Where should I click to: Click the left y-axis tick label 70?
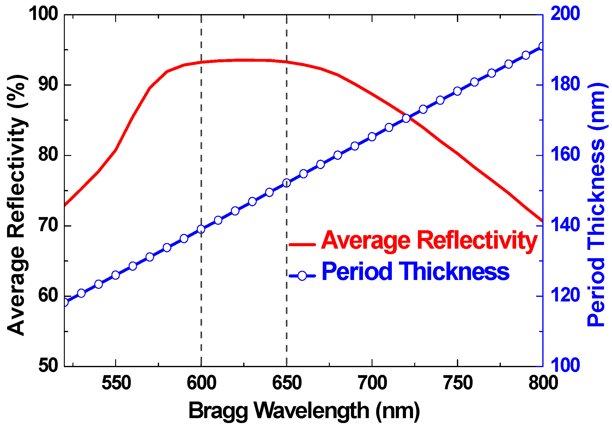48,225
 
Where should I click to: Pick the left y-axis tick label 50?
48,366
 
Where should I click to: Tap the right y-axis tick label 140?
565,225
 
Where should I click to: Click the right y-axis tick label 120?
565,296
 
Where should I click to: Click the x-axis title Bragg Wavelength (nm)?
304,411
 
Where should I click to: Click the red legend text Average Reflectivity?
429,240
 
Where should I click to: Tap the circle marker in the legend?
302,275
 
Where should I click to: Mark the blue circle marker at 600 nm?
201,229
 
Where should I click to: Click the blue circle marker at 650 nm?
287,183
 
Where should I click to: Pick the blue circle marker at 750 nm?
458,91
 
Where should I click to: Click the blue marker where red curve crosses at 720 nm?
406,118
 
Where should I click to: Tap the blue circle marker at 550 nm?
115,275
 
